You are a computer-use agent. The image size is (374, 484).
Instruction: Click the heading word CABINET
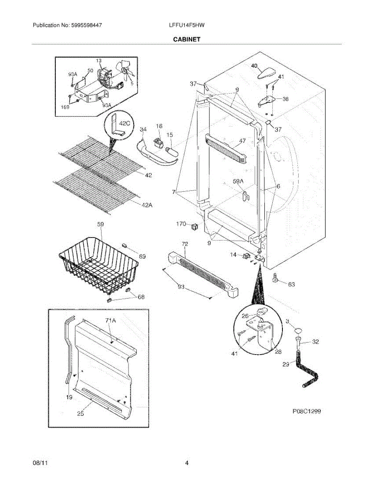coord(187,40)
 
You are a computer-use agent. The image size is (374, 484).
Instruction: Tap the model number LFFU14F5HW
coord(187,25)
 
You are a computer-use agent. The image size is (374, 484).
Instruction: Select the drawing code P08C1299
coord(307,412)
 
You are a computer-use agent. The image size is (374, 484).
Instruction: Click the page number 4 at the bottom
coord(187,463)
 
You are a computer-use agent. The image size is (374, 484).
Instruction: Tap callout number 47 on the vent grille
coord(242,141)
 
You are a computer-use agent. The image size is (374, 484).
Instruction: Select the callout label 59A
coord(239,181)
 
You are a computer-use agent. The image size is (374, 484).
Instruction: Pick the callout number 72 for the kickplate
coord(185,244)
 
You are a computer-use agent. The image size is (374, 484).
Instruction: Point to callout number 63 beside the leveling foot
coord(291,284)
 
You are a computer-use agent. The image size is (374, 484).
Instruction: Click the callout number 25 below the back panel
coord(80,413)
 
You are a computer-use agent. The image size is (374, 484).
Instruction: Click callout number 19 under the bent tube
coord(69,397)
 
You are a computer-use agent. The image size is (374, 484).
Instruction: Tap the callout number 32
coord(315,342)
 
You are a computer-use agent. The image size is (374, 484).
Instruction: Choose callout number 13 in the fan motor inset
coord(99,60)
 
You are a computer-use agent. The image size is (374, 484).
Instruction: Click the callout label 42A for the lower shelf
coord(147,205)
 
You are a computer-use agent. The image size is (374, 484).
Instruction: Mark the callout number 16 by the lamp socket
coord(159,126)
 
